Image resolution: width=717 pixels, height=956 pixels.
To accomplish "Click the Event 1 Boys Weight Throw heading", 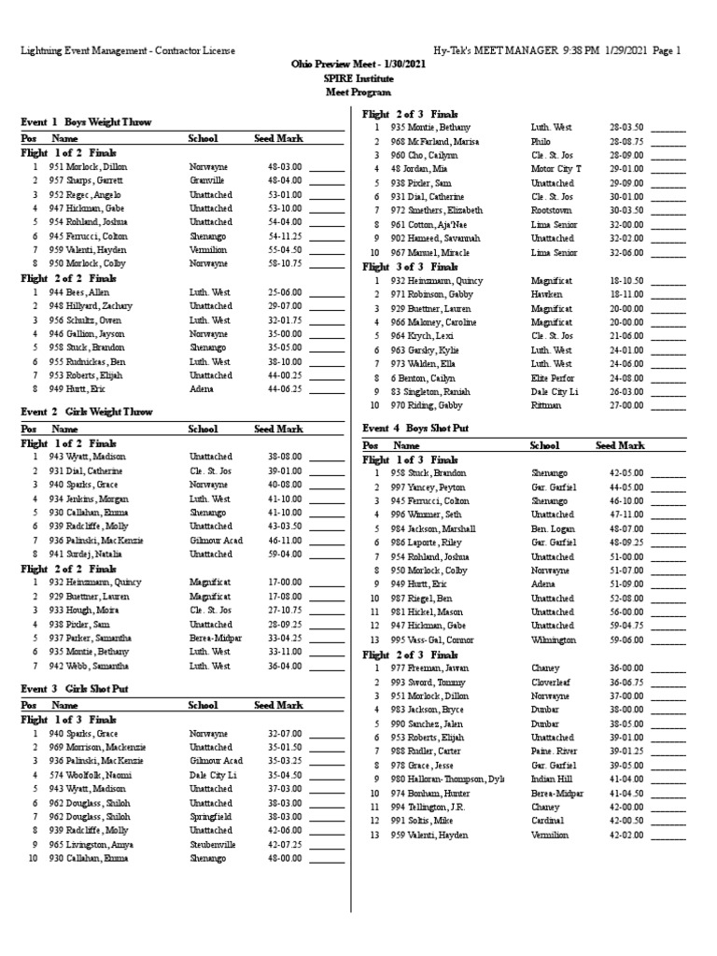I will [x=86, y=122].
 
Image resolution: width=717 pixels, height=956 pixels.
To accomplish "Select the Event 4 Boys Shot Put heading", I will [x=415, y=428].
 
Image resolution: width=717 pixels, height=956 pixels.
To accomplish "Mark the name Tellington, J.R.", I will [x=426, y=807].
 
